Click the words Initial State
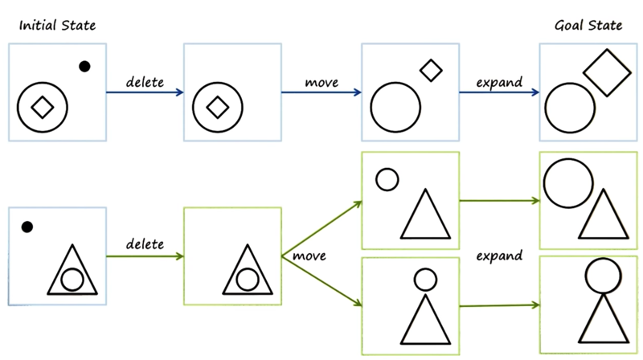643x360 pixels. click(x=57, y=26)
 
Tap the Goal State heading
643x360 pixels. click(x=588, y=26)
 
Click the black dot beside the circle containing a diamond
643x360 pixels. click(x=84, y=67)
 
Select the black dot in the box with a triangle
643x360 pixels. click(x=27, y=227)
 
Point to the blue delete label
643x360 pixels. click(x=145, y=81)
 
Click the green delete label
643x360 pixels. click(x=145, y=243)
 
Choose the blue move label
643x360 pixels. click(x=321, y=81)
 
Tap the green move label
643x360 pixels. click(x=309, y=256)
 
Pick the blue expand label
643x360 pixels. click(x=499, y=81)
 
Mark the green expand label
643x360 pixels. click(x=499, y=256)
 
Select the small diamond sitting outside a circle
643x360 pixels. click(x=432, y=71)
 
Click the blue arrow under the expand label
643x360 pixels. click(x=499, y=92)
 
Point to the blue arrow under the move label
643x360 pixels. click(x=321, y=92)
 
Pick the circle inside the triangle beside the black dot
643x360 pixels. click(x=72, y=279)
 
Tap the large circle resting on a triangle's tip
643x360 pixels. click(x=602, y=276)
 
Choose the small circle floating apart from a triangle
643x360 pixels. click(x=387, y=179)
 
